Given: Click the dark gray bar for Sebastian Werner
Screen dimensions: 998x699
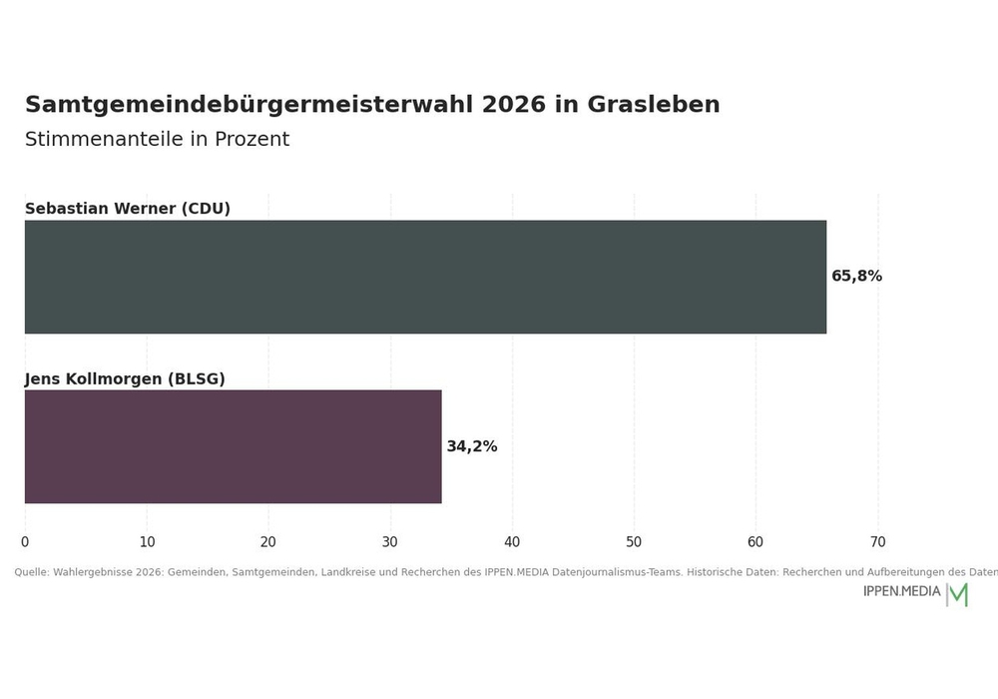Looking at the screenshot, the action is click(425, 277).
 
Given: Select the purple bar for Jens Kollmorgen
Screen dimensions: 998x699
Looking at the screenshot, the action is click(233, 447).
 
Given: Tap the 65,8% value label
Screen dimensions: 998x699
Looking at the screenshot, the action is click(856, 277).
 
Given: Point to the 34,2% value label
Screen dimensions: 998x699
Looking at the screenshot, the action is click(472, 446).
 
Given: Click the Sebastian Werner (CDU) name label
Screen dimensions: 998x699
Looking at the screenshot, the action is click(128, 209).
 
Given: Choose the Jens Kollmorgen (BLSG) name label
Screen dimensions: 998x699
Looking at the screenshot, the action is click(125, 379).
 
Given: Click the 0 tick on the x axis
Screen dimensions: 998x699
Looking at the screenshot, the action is click(25, 542).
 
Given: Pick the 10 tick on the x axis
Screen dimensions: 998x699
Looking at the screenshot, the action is click(147, 542).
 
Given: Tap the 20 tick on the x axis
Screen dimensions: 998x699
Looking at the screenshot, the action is click(268, 542).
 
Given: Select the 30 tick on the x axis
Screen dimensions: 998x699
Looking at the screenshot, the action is click(390, 542).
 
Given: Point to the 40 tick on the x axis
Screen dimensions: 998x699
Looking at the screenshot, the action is click(512, 542).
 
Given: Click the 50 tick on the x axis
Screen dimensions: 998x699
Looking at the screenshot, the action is click(634, 542).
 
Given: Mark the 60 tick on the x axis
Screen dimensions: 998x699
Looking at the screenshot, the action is click(755, 542).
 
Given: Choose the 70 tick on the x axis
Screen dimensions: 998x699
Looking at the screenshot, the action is click(877, 542).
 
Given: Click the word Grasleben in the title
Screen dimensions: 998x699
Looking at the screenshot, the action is click(653, 105).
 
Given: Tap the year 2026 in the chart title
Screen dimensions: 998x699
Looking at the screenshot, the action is click(514, 105).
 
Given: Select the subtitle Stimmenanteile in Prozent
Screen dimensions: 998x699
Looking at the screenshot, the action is click(158, 139).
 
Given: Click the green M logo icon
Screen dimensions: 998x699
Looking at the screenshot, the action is click(958, 594).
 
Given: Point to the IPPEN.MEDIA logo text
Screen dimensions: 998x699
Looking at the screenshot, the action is click(901, 591).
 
